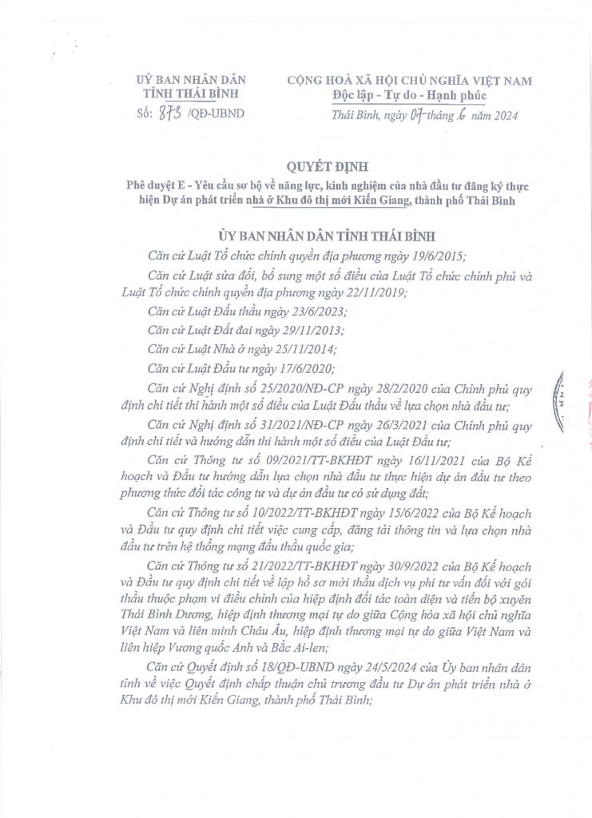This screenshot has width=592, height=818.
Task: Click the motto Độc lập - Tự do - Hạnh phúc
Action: [409, 96]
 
